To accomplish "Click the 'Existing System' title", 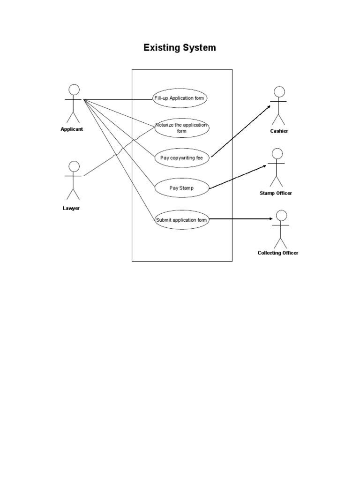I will (180, 48).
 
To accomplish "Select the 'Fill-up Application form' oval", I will (180, 98).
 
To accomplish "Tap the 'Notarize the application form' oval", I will (181, 128).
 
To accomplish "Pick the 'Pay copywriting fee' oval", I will (181, 158).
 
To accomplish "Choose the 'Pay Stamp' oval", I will (181, 188).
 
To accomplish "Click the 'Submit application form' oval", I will (181, 219).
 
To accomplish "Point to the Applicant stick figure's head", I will (74, 90).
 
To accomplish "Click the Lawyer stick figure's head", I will (74, 166).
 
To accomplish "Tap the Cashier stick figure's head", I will (279, 91).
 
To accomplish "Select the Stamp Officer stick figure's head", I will (277, 154).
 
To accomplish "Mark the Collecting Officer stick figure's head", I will (281, 216).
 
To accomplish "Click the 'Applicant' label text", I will (72, 129).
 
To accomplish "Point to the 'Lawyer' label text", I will (71, 208).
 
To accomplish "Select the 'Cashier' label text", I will (279, 131).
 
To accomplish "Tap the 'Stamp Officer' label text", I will (276, 193).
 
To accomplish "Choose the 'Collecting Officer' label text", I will (278, 253).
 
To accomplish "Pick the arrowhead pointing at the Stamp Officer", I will (265, 165).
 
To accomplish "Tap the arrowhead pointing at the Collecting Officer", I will (270, 219).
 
